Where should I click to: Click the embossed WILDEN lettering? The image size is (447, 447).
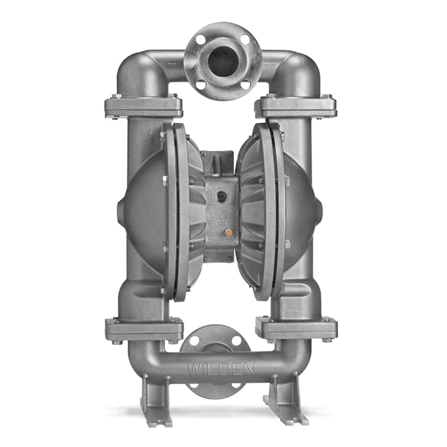pyautogui.click(x=221, y=369)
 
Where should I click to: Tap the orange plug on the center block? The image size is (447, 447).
pyautogui.click(x=228, y=233)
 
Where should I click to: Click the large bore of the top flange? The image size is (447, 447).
pyautogui.click(x=223, y=61)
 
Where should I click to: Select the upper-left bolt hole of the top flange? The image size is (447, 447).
pyautogui.click(x=200, y=39)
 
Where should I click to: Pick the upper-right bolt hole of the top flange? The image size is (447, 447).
pyautogui.click(x=244, y=39)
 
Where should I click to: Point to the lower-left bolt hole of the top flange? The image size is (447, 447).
pyautogui.click(x=201, y=85)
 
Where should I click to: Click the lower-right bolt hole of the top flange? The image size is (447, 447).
pyautogui.click(x=245, y=85)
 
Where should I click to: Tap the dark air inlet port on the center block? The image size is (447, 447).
pyautogui.click(x=221, y=196)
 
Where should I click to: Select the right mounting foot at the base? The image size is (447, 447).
pyautogui.click(x=286, y=399)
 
